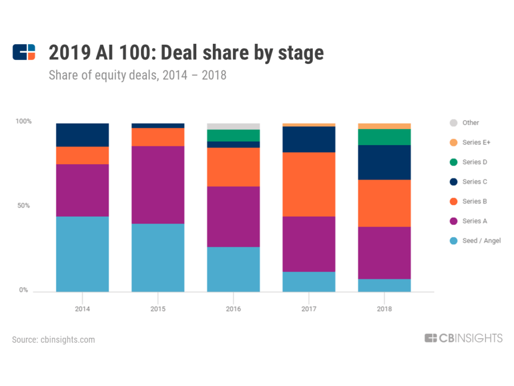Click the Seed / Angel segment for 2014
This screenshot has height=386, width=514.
pyautogui.click(x=82, y=254)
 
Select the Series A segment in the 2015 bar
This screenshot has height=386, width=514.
pyautogui.click(x=158, y=184)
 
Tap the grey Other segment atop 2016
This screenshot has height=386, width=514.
pyautogui.click(x=233, y=126)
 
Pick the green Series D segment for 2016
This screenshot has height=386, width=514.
pyautogui.click(x=233, y=135)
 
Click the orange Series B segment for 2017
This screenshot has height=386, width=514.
pyautogui.click(x=309, y=184)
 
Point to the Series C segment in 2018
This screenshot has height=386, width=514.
pyautogui.click(x=384, y=162)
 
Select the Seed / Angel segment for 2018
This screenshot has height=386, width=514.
pyautogui.click(x=384, y=285)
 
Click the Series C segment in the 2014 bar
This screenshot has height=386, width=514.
pyautogui.click(x=82, y=135)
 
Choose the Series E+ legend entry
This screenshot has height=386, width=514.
pyautogui.click(x=476, y=142)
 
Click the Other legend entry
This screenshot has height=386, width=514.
pyautogui.click(x=470, y=123)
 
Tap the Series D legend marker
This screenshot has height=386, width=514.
pyautogui.click(x=453, y=162)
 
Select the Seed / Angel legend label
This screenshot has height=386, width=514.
pyautogui.click(x=481, y=241)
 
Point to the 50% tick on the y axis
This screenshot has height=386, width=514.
pyautogui.click(x=23, y=206)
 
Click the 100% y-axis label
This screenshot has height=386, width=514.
pyautogui.click(x=23, y=121)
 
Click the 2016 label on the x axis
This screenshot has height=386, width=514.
pyautogui.click(x=233, y=309)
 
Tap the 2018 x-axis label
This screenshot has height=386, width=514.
pyautogui.click(x=384, y=309)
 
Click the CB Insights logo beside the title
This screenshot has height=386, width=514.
pyautogui.click(x=24, y=52)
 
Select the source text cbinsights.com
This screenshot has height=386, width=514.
pyautogui.click(x=53, y=339)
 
